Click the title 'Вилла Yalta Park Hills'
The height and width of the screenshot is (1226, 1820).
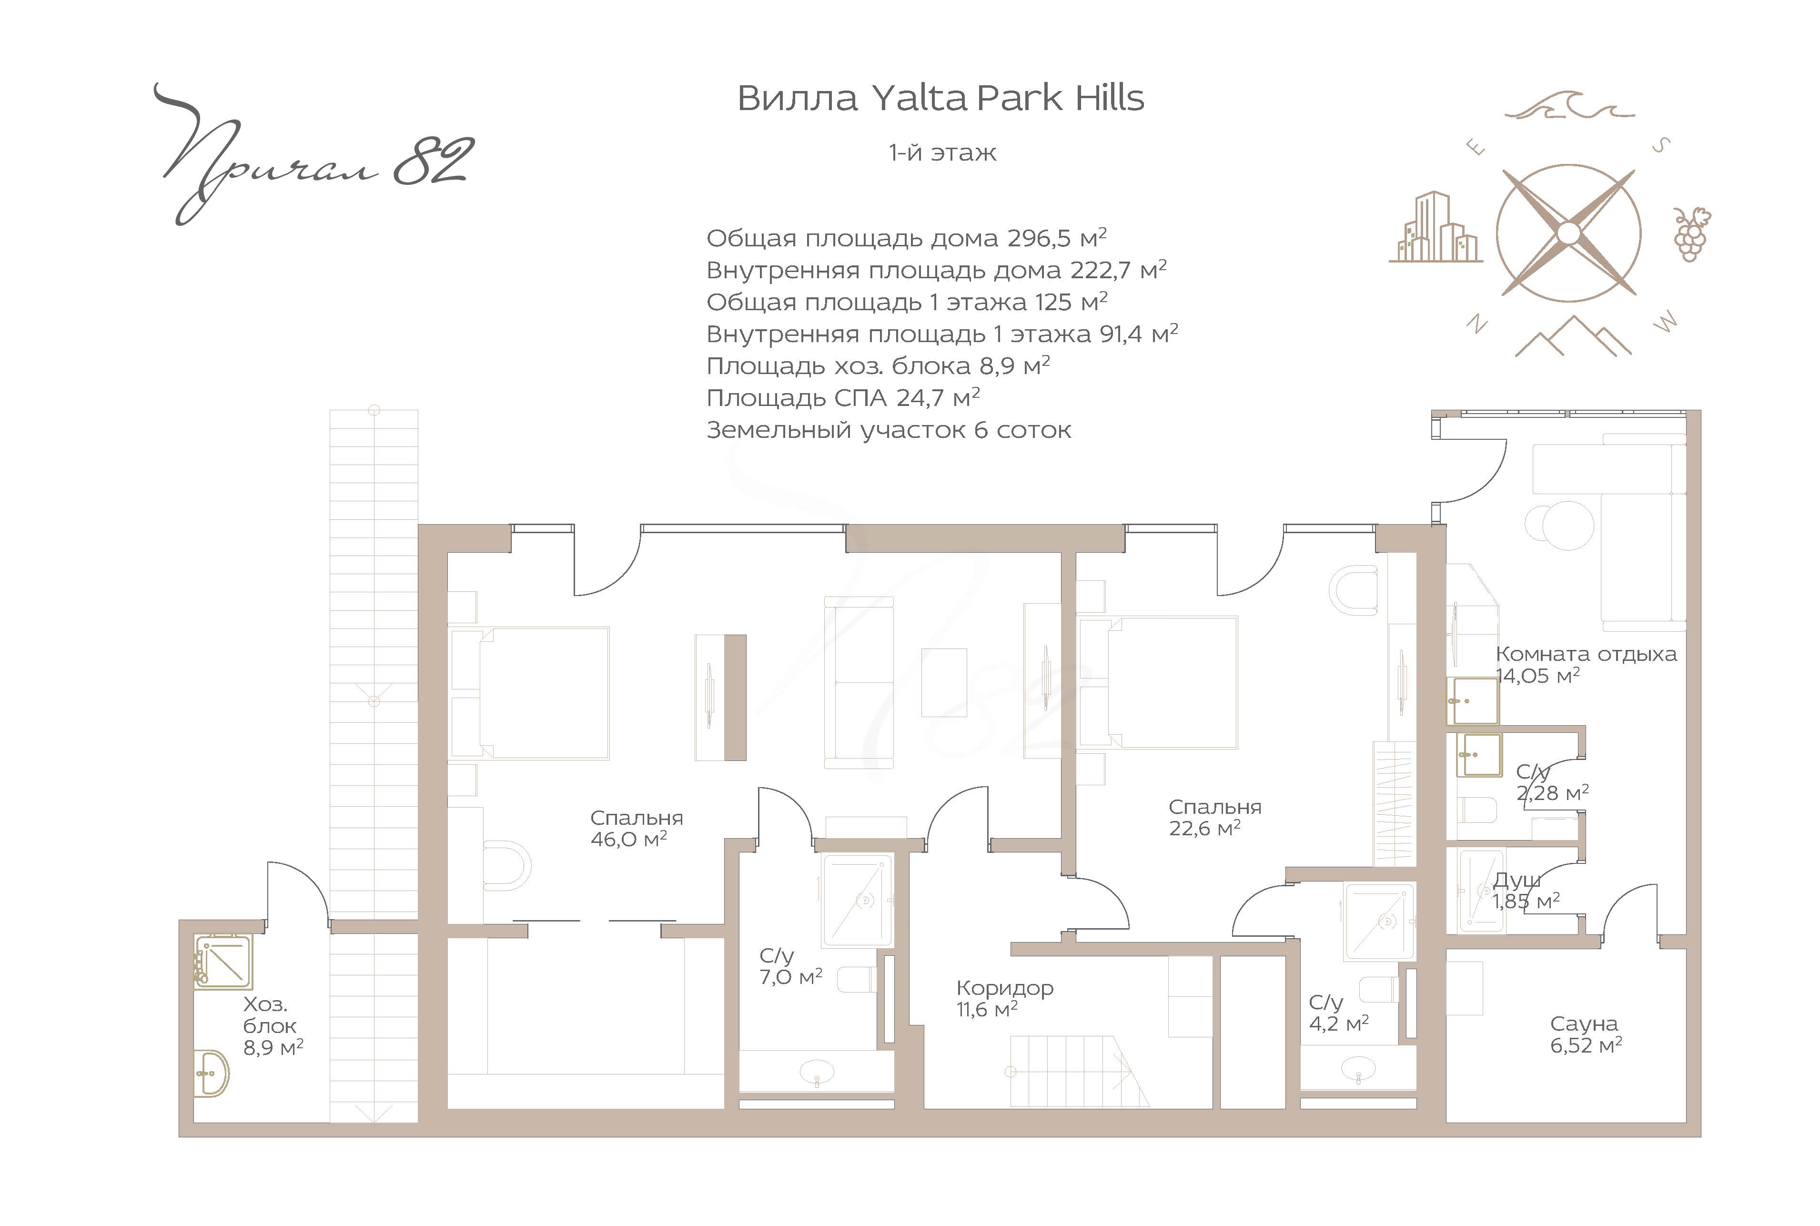point(940,99)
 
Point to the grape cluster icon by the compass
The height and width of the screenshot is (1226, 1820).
point(1691,234)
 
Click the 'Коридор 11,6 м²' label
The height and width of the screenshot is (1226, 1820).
point(1005,998)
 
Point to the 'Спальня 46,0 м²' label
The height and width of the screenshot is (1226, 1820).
point(637,828)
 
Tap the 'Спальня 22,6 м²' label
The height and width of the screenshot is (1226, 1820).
point(1215,817)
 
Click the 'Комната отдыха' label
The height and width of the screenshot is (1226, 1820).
point(1586,654)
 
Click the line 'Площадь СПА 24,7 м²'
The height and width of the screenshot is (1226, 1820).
point(843,398)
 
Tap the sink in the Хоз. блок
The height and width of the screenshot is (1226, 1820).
point(212,1073)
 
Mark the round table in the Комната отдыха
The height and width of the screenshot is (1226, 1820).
point(1559,527)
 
